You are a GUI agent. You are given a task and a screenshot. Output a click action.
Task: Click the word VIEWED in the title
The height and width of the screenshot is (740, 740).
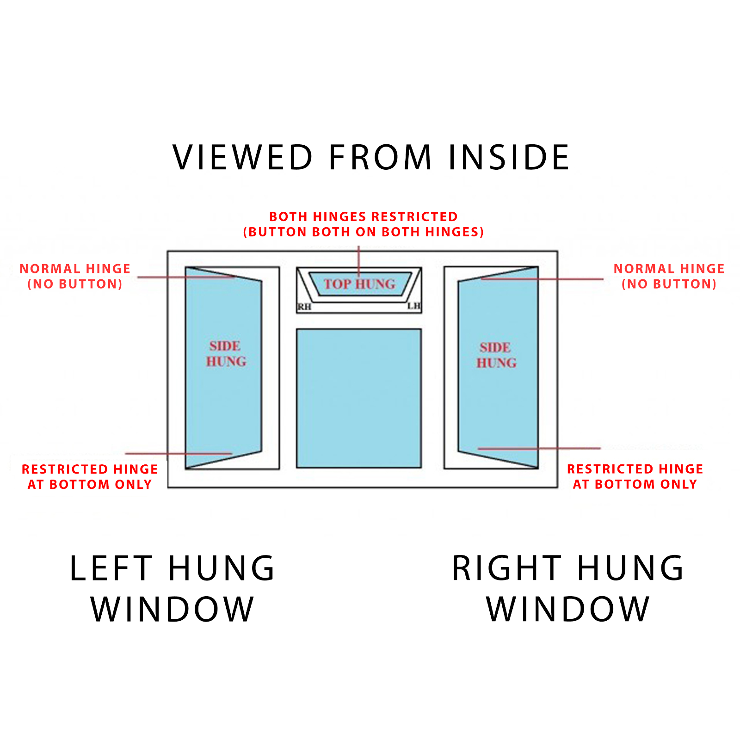click(x=243, y=157)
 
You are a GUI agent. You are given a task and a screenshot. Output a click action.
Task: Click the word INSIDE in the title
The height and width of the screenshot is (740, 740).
click(x=509, y=157)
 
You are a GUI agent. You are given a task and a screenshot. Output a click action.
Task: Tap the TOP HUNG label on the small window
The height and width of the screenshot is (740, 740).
click(x=359, y=284)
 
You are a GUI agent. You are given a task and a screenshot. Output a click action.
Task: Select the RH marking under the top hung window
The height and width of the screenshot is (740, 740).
click(x=304, y=307)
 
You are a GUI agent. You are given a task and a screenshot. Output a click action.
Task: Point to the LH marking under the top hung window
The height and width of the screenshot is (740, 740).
click(x=413, y=306)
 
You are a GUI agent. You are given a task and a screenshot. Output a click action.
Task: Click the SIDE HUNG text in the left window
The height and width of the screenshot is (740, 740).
click(x=226, y=354)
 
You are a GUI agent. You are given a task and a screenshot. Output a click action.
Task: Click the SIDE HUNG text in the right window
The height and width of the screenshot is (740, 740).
click(x=496, y=355)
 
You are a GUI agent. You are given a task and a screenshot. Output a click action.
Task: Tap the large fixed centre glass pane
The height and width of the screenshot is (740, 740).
click(x=358, y=398)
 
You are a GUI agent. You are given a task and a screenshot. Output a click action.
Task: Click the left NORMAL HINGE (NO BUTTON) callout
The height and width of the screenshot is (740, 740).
click(x=75, y=276)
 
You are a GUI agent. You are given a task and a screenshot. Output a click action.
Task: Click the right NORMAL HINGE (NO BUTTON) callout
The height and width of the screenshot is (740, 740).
click(x=669, y=276)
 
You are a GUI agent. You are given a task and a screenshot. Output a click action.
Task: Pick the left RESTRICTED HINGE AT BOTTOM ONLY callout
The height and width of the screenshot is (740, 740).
click(x=90, y=476)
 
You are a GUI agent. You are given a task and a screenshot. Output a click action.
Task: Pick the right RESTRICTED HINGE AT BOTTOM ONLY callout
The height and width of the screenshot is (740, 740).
click(x=635, y=476)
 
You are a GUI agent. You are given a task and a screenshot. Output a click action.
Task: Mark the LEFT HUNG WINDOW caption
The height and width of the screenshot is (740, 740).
click(x=172, y=588)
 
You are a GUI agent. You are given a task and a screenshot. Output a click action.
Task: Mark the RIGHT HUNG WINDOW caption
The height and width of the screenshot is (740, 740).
click(x=568, y=588)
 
